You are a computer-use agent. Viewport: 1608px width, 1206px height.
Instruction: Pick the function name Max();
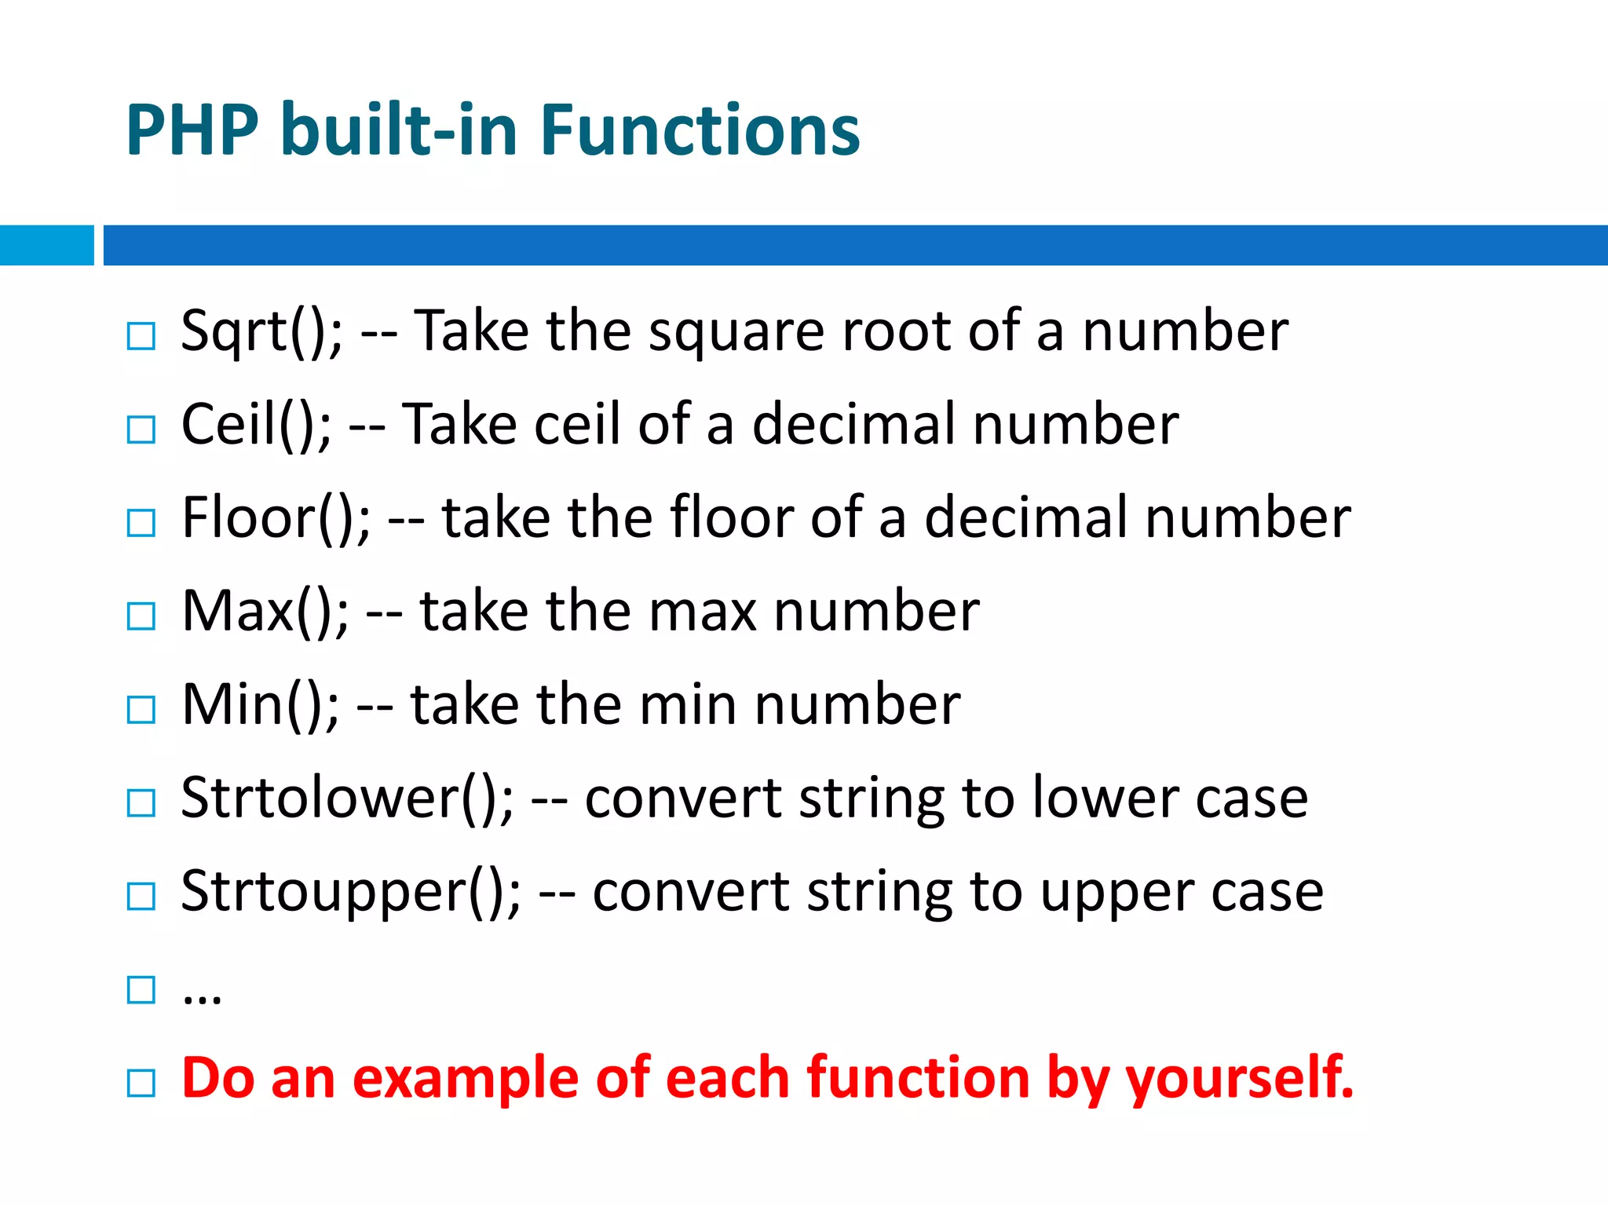pyautogui.click(x=265, y=611)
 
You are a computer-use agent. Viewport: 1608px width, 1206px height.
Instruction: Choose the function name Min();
pyautogui.click(x=260, y=704)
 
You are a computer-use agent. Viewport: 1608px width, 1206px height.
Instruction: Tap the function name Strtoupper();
pyautogui.click(x=350, y=891)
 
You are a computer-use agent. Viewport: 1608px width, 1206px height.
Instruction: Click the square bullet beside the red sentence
pyautogui.click(x=141, y=1084)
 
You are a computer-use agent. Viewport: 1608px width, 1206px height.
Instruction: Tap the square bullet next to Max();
pyautogui.click(x=141, y=616)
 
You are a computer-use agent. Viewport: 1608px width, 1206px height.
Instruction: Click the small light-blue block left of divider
pyautogui.click(x=46, y=245)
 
